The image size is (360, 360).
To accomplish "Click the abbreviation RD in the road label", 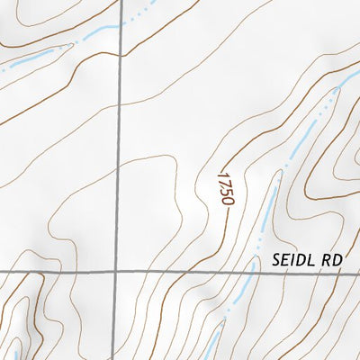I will tap(332, 259).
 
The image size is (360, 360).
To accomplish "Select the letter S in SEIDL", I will tap(276, 259).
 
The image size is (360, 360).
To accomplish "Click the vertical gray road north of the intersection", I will tap(117, 135).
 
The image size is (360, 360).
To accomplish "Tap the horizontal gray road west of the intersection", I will tap(54, 270).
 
